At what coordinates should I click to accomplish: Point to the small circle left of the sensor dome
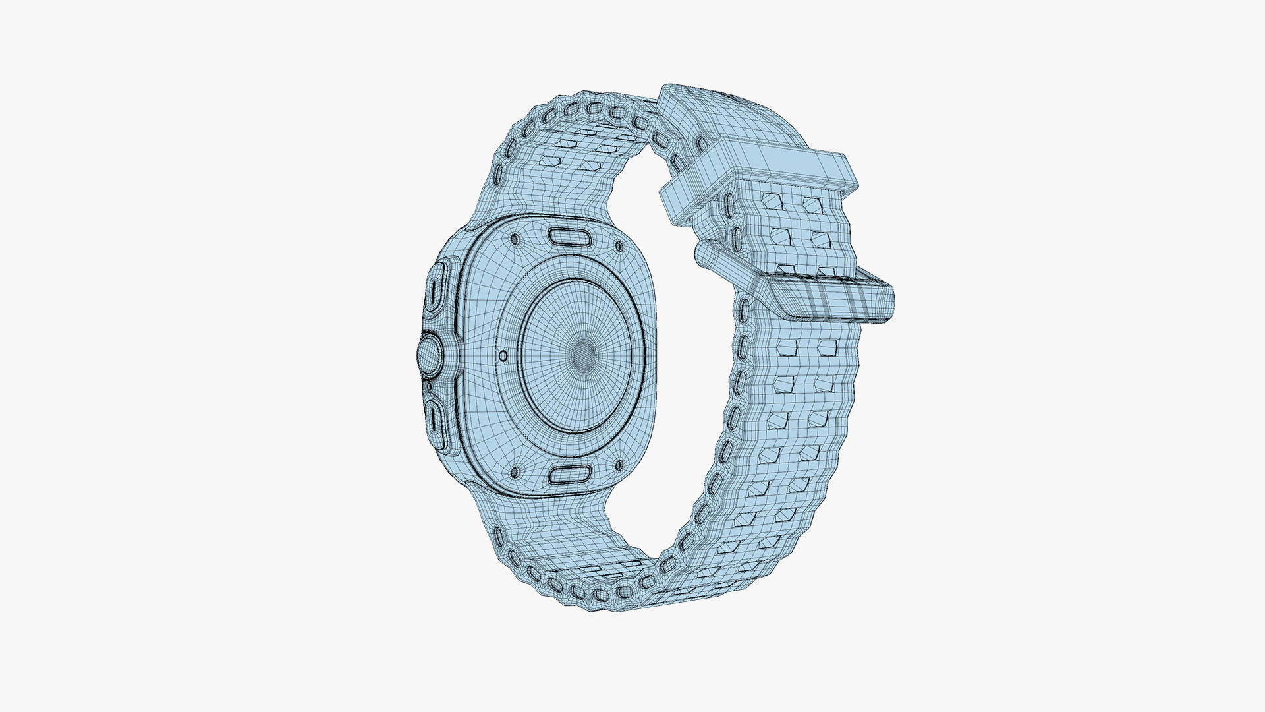504,356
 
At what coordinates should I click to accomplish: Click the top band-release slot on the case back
571,237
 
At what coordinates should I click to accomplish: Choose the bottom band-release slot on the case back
569,474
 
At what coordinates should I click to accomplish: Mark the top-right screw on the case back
619,247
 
